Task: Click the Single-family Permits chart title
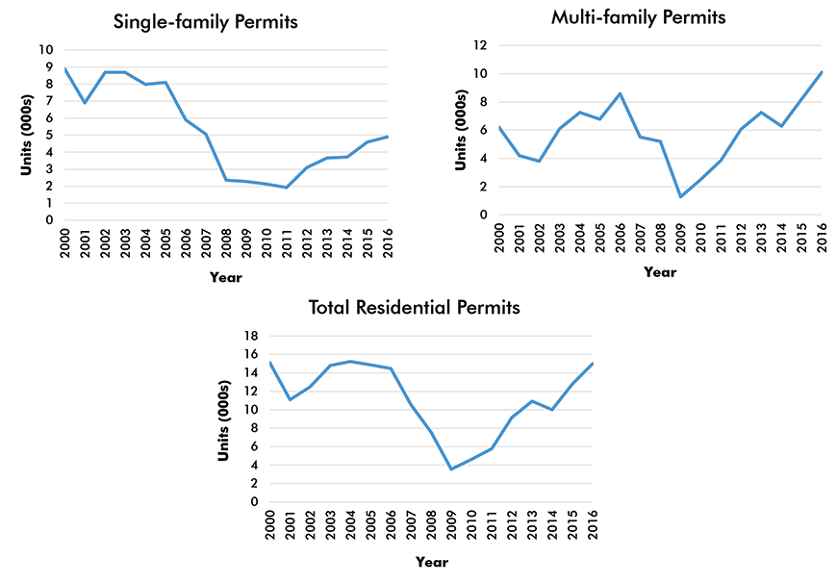[x=206, y=20]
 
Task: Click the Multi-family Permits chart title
[x=638, y=17]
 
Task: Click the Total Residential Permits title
[x=414, y=308]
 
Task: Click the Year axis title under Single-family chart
[x=226, y=278]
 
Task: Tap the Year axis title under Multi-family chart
[x=660, y=272]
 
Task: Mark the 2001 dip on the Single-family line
[x=85, y=103]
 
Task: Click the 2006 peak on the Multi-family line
[x=621, y=93]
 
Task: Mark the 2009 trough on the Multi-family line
[x=681, y=197]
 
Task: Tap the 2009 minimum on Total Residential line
[x=451, y=470]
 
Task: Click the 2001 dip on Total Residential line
[x=290, y=399]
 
